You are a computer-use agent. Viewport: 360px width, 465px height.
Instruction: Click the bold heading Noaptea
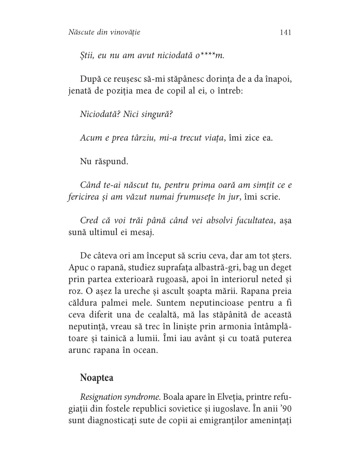point(97,378)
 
